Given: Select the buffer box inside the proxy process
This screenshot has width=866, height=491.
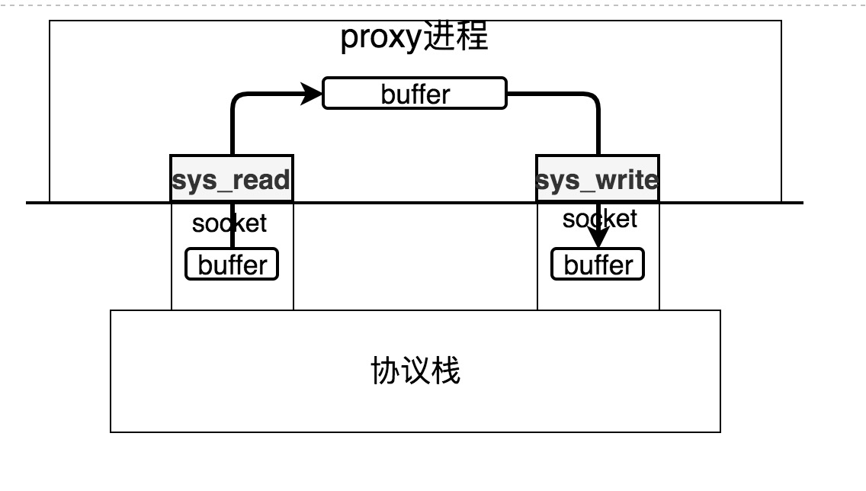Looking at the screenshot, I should click(415, 93).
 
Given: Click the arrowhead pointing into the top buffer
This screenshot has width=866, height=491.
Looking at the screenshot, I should click(314, 93).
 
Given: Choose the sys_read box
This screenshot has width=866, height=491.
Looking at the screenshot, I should click(232, 179).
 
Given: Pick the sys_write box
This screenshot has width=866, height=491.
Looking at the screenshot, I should click(598, 179).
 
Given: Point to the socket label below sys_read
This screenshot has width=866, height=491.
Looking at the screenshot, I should click(229, 223).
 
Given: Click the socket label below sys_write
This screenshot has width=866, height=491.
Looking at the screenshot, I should click(599, 219).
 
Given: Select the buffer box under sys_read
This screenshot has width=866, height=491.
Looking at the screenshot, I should click(232, 265).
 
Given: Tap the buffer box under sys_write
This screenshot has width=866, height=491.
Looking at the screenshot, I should click(598, 265).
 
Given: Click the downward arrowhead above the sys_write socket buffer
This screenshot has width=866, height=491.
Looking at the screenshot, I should click(598, 239).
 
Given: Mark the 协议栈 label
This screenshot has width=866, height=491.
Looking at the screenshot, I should click(415, 371).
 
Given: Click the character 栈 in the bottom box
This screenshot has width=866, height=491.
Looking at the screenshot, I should click(446, 371).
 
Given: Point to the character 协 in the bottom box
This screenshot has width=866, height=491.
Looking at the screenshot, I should click(385, 371).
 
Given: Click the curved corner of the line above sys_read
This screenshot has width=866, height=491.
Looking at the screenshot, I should click(236, 98).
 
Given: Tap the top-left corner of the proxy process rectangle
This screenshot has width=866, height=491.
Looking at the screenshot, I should click(50, 21).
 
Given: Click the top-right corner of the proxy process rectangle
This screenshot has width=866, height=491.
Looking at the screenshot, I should click(781, 21).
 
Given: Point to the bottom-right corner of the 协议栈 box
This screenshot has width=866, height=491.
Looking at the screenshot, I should click(720, 432).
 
